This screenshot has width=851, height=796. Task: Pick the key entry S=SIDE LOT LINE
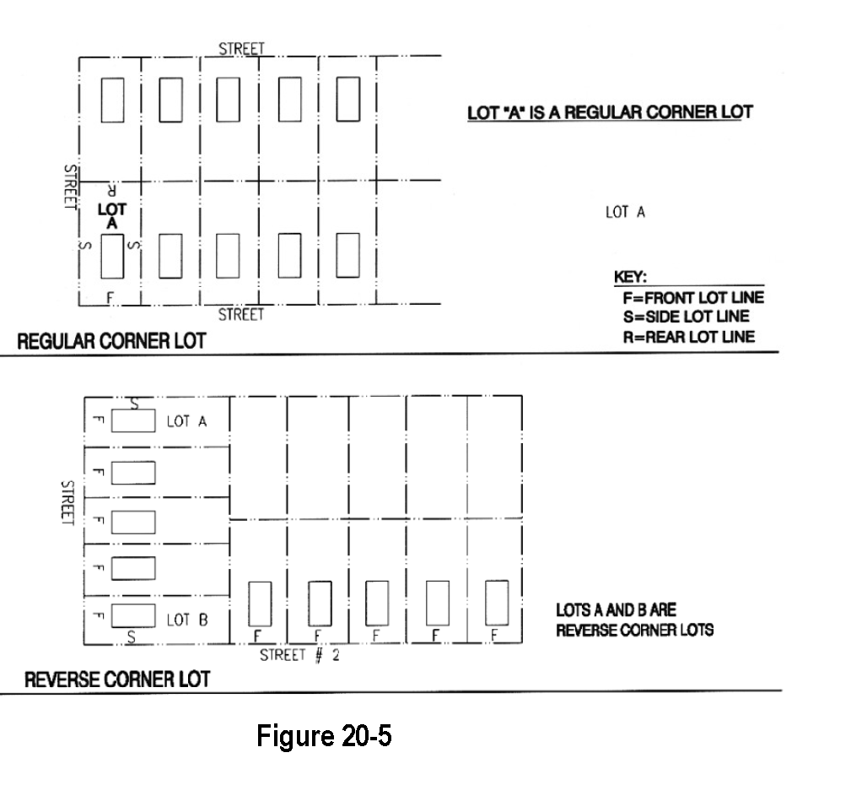685,317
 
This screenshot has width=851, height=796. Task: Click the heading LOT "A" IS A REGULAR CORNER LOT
610,112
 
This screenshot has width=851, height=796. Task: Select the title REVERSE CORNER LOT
116,680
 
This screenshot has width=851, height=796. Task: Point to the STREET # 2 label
299,655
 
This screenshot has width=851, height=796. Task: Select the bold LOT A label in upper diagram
112,214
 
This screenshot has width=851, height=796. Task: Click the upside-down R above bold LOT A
111,190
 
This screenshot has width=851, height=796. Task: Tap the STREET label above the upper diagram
241,49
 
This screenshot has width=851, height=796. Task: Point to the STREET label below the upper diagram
241,315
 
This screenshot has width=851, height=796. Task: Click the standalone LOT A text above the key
625,213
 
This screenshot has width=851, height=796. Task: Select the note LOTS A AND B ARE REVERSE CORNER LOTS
634,620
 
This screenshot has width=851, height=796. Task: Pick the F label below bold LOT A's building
110,296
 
